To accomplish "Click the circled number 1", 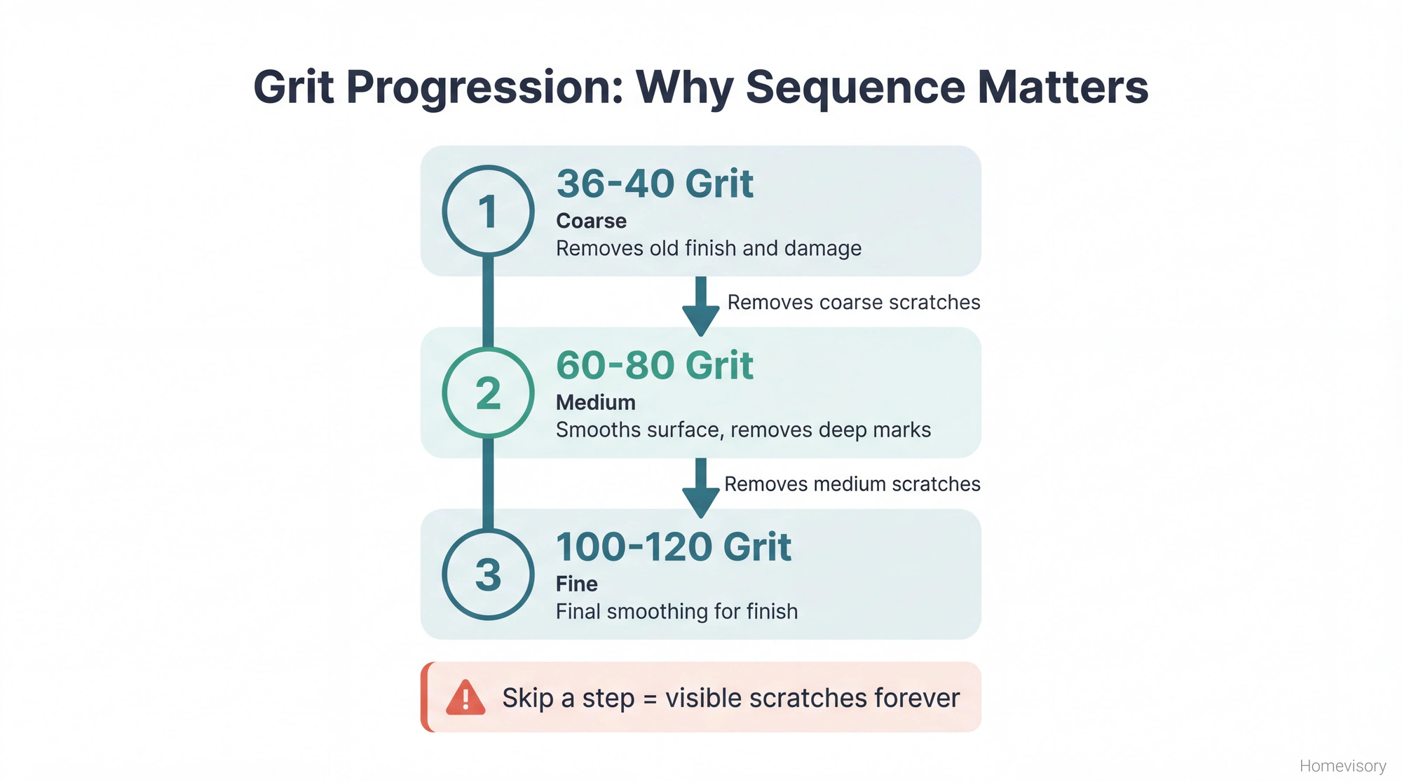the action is coord(488,211).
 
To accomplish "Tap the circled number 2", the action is coord(488,392).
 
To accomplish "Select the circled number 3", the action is coord(488,574).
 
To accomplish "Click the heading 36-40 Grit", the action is coord(654,184).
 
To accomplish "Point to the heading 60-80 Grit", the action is coord(654,365).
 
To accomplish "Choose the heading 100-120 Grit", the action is coord(673,547).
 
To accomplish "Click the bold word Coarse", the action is coord(591,221).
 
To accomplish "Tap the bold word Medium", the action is coord(595,402).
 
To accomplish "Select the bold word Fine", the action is coord(576,584).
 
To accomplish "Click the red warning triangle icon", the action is coord(465,698).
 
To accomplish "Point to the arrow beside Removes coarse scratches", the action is coord(700,307).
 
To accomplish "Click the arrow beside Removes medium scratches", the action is coord(700,488).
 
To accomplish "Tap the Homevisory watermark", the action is coord(1342,766).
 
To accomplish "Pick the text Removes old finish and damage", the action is coord(708,248).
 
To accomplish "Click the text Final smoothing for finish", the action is coord(676,611).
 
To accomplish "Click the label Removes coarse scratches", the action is coord(853,302).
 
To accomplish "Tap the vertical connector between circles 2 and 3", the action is coord(488,483).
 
